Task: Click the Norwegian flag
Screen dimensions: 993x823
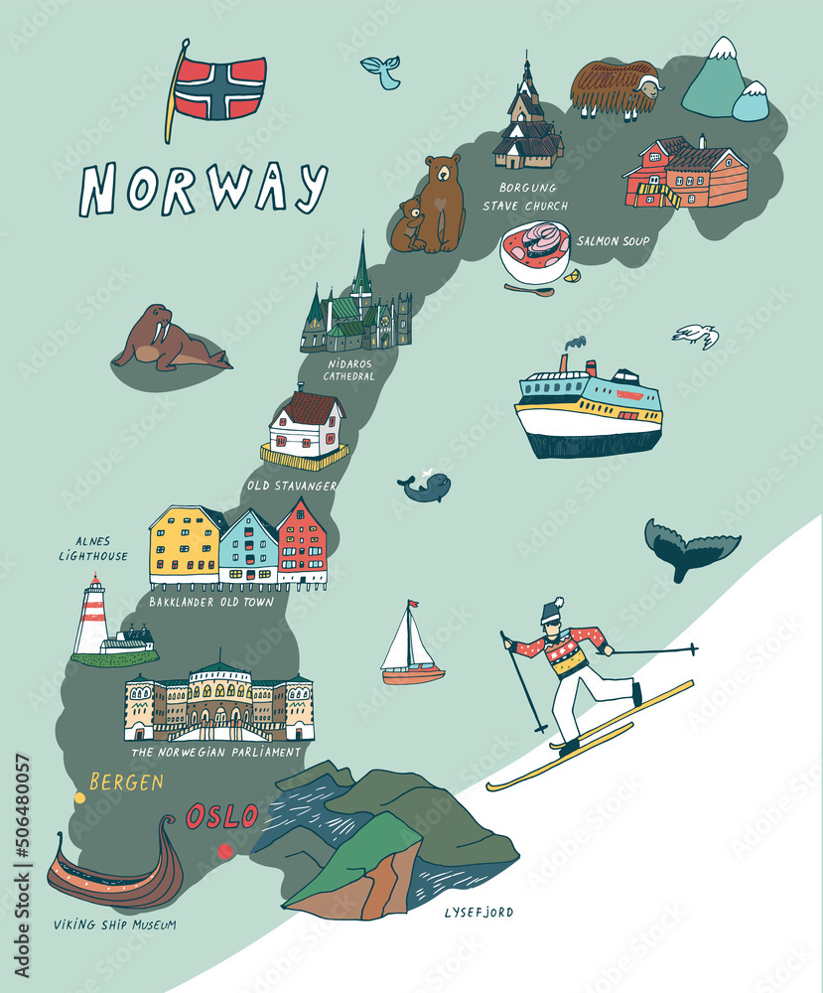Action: click(x=220, y=87)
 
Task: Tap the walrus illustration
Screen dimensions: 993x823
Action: click(x=167, y=341)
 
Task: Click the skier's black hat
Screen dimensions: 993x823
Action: click(x=552, y=612)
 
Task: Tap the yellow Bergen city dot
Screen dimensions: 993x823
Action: click(x=79, y=796)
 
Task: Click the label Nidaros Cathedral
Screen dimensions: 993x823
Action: click(x=350, y=369)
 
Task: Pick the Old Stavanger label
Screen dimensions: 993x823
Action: click(x=293, y=486)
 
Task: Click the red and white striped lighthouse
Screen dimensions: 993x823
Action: click(x=93, y=617)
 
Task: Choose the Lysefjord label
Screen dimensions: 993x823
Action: click(x=479, y=911)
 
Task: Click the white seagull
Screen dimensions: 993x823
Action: click(x=696, y=335)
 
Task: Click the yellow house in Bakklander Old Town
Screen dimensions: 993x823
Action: click(x=186, y=545)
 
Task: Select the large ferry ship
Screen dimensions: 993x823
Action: click(x=588, y=408)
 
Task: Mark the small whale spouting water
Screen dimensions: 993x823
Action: click(x=426, y=487)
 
